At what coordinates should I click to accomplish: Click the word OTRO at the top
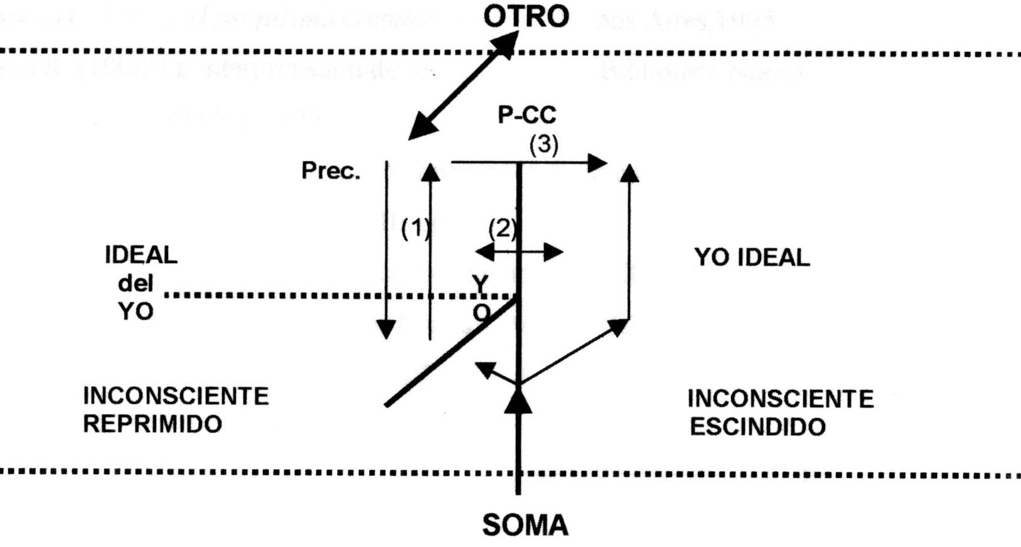(526, 16)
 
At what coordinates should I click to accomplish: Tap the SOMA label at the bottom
(525, 524)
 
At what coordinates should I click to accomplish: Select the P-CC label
(527, 115)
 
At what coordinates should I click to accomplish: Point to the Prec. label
(331, 171)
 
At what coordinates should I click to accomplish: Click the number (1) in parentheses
(415, 229)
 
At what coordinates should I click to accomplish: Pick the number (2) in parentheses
(503, 228)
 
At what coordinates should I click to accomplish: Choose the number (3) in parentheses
(543, 145)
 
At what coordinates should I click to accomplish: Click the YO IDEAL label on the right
(752, 257)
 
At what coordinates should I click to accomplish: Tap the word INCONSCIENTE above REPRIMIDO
(176, 396)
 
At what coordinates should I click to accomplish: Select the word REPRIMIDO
(152, 424)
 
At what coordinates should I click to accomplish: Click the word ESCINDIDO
(757, 427)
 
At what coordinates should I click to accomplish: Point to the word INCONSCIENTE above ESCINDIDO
(780, 399)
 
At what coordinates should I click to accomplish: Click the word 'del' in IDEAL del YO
(136, 283)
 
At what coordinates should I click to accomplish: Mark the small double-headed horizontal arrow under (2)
(519, 252)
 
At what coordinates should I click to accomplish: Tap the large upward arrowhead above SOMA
(518, 401)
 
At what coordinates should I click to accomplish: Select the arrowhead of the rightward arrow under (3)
(597, 163)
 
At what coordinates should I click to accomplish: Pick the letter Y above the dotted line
(480, 284)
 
